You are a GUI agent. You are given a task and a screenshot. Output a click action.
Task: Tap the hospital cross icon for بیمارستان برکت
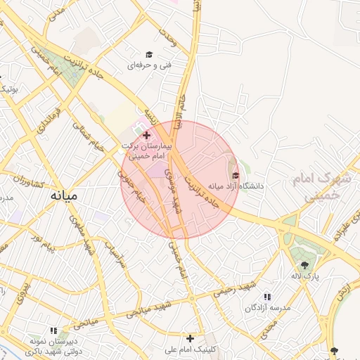[x=146, y=134]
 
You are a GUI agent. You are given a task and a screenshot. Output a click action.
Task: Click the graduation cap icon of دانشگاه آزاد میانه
[x=235, y=175]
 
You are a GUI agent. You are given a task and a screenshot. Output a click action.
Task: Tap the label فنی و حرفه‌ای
[x=146, y=65]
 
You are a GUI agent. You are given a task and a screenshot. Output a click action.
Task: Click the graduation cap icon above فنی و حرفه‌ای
[x=148, y=54]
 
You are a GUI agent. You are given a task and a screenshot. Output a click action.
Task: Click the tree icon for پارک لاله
[x=304, y=265]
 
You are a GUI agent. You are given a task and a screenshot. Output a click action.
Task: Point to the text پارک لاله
[x=307, y=276]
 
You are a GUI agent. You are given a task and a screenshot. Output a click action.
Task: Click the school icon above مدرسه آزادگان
[x=266, y=297]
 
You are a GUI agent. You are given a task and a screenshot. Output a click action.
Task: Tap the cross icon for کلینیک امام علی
[x=190, y=338]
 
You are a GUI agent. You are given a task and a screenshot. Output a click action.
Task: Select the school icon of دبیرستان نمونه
[x=53, y=330]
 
